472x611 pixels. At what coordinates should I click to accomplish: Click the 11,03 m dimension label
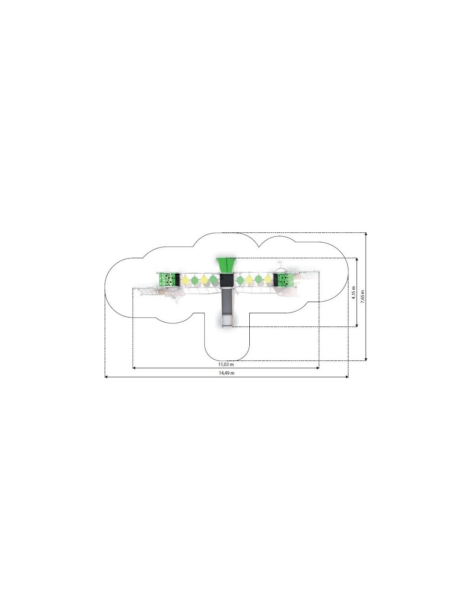(x=226, y=364)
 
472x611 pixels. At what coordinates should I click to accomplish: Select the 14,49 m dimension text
(x=226, y=373)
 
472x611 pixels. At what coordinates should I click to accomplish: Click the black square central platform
(x=227, y=280)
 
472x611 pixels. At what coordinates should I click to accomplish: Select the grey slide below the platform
(x=227, y=307)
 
